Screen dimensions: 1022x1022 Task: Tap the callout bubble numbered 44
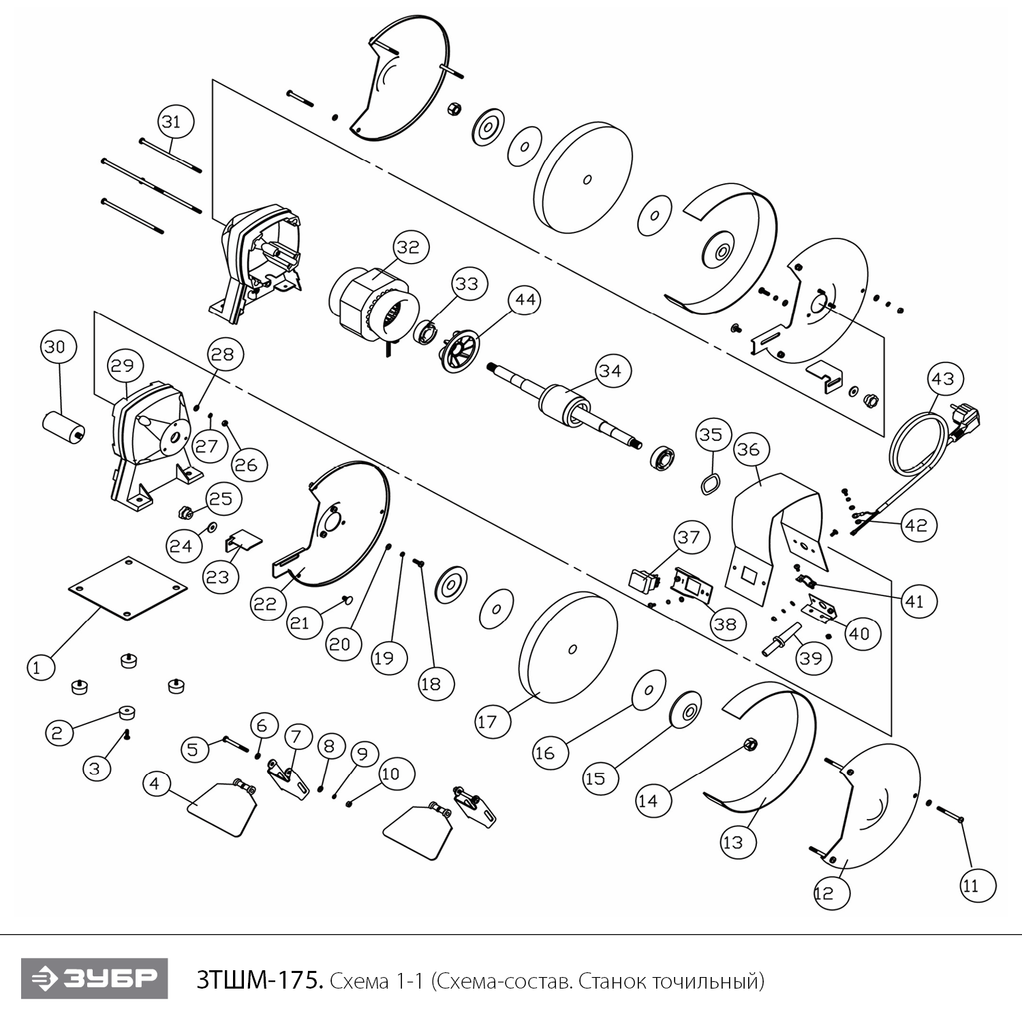click(525, 300)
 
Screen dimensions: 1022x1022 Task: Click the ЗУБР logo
click(94, 979)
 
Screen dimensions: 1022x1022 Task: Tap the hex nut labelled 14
click(750, 744)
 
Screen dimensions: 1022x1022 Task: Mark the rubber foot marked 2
click(126, 713)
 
